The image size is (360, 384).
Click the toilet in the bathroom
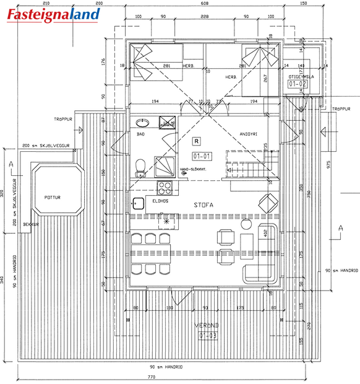click(140, 165)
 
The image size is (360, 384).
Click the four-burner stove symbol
click(166, 186)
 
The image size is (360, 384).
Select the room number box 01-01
click(202, 156)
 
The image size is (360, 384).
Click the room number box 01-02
click(298, 82)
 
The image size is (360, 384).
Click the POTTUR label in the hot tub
click(53, 198)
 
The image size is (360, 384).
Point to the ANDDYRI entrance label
click(249, 134)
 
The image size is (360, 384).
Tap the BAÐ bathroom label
click(140, 134)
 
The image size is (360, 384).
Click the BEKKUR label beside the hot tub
click(31, 224)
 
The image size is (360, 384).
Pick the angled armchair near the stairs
click(267, 202)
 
